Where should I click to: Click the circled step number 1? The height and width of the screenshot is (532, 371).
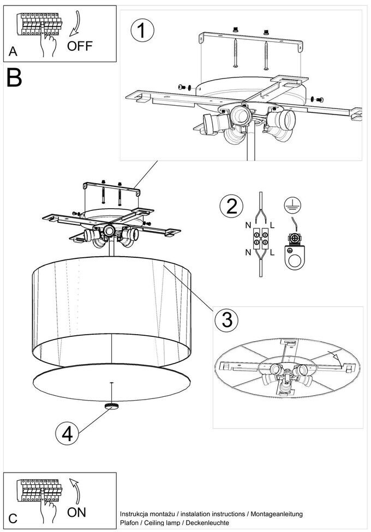[x=142, y=31]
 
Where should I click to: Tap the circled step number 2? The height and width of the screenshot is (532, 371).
[x=231, y=207]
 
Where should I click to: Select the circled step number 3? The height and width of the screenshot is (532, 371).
[x=226, y=319]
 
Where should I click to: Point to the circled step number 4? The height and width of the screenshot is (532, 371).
[x=67, y=434]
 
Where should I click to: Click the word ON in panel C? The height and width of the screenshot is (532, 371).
[x=76, y=512]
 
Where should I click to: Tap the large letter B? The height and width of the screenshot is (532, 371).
[x=15, y=78]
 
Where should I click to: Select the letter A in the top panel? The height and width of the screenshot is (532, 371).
[x=13, y=52]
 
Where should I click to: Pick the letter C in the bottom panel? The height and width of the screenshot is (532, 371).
[x=13, y=519]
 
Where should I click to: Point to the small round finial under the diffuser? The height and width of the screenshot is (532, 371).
[x=112, y=406]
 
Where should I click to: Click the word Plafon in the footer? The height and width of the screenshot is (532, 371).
[x=129, y=523]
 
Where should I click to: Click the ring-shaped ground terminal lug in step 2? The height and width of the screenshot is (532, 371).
[x=295, y=256]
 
